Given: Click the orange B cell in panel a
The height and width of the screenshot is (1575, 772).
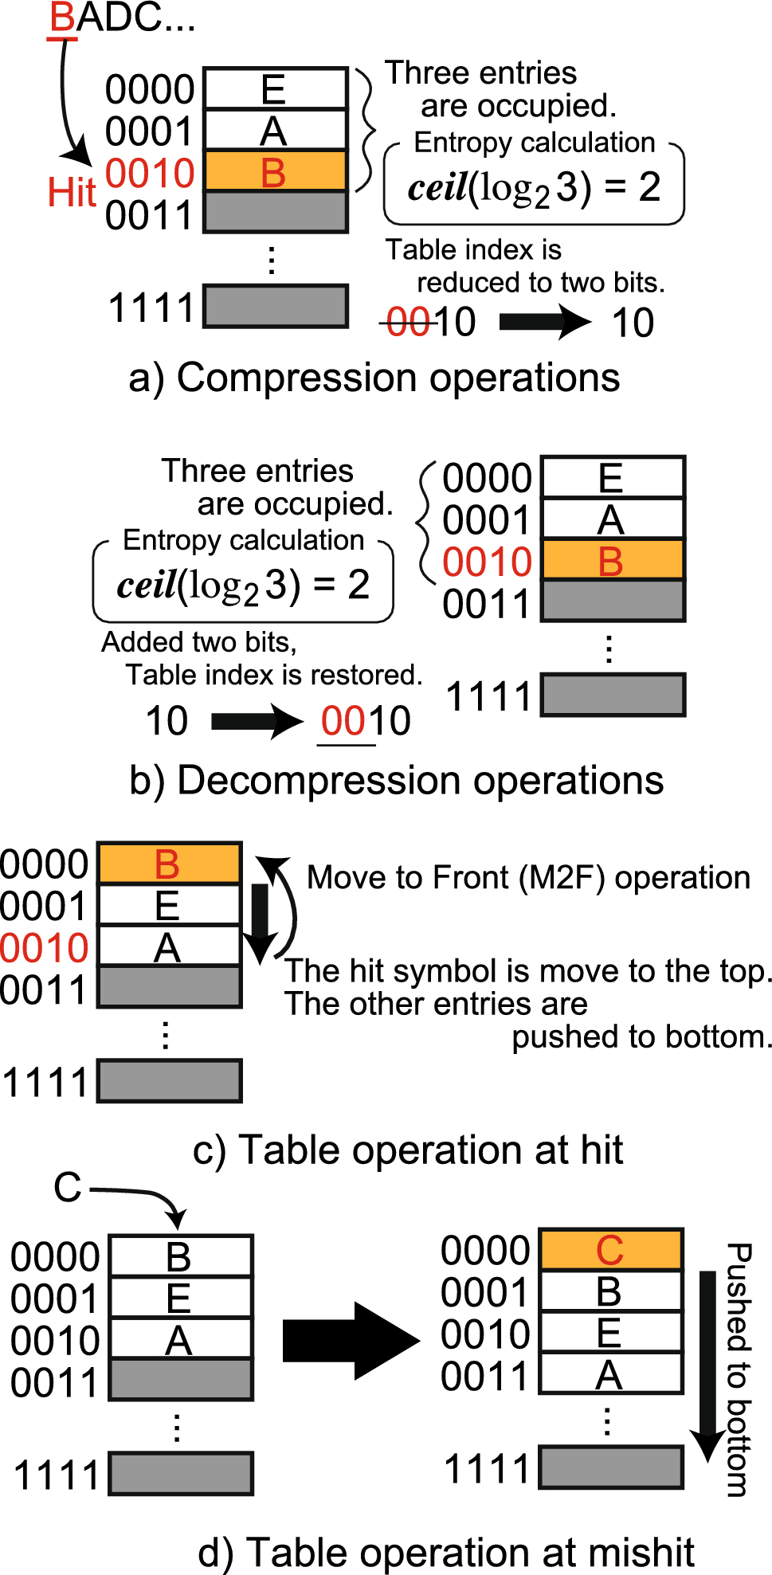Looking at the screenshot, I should coord(276,171).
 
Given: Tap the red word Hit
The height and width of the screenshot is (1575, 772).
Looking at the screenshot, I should coord(71,192).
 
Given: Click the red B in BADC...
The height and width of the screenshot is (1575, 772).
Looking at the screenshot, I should coord(62,18).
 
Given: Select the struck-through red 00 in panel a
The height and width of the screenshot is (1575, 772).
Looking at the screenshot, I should coord(408,323).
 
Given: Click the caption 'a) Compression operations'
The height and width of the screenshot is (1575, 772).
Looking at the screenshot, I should coord(374,378).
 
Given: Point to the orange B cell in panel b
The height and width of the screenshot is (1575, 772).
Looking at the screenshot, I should coord(612,560).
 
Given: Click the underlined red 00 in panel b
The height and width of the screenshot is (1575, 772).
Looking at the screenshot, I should coord(341,721).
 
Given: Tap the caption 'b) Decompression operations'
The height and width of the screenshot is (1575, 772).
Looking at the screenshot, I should coord(396,781).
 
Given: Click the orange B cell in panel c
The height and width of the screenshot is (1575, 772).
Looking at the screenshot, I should coord(169,864).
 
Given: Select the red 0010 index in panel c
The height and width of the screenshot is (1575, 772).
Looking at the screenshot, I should coord(45,948).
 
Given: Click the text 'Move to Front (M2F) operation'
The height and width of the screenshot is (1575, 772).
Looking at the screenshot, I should coord(528,878).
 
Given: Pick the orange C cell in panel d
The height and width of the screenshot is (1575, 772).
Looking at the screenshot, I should coord(611,1250).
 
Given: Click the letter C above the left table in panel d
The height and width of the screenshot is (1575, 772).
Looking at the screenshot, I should coord(68,1188).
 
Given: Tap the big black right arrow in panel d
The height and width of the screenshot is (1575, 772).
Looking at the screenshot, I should coord(351,1341).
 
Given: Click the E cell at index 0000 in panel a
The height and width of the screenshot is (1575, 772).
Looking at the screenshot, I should coord(276,88).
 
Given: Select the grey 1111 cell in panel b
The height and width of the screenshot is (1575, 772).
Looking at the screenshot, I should coord(612,695).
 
